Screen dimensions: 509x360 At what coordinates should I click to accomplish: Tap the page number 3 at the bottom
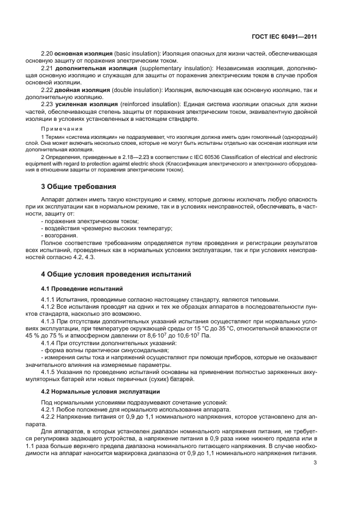click(315, 463)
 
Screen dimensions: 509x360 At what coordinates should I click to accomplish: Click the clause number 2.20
click(47, 54)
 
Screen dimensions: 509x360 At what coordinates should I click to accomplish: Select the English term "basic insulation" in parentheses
click(135, 54)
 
